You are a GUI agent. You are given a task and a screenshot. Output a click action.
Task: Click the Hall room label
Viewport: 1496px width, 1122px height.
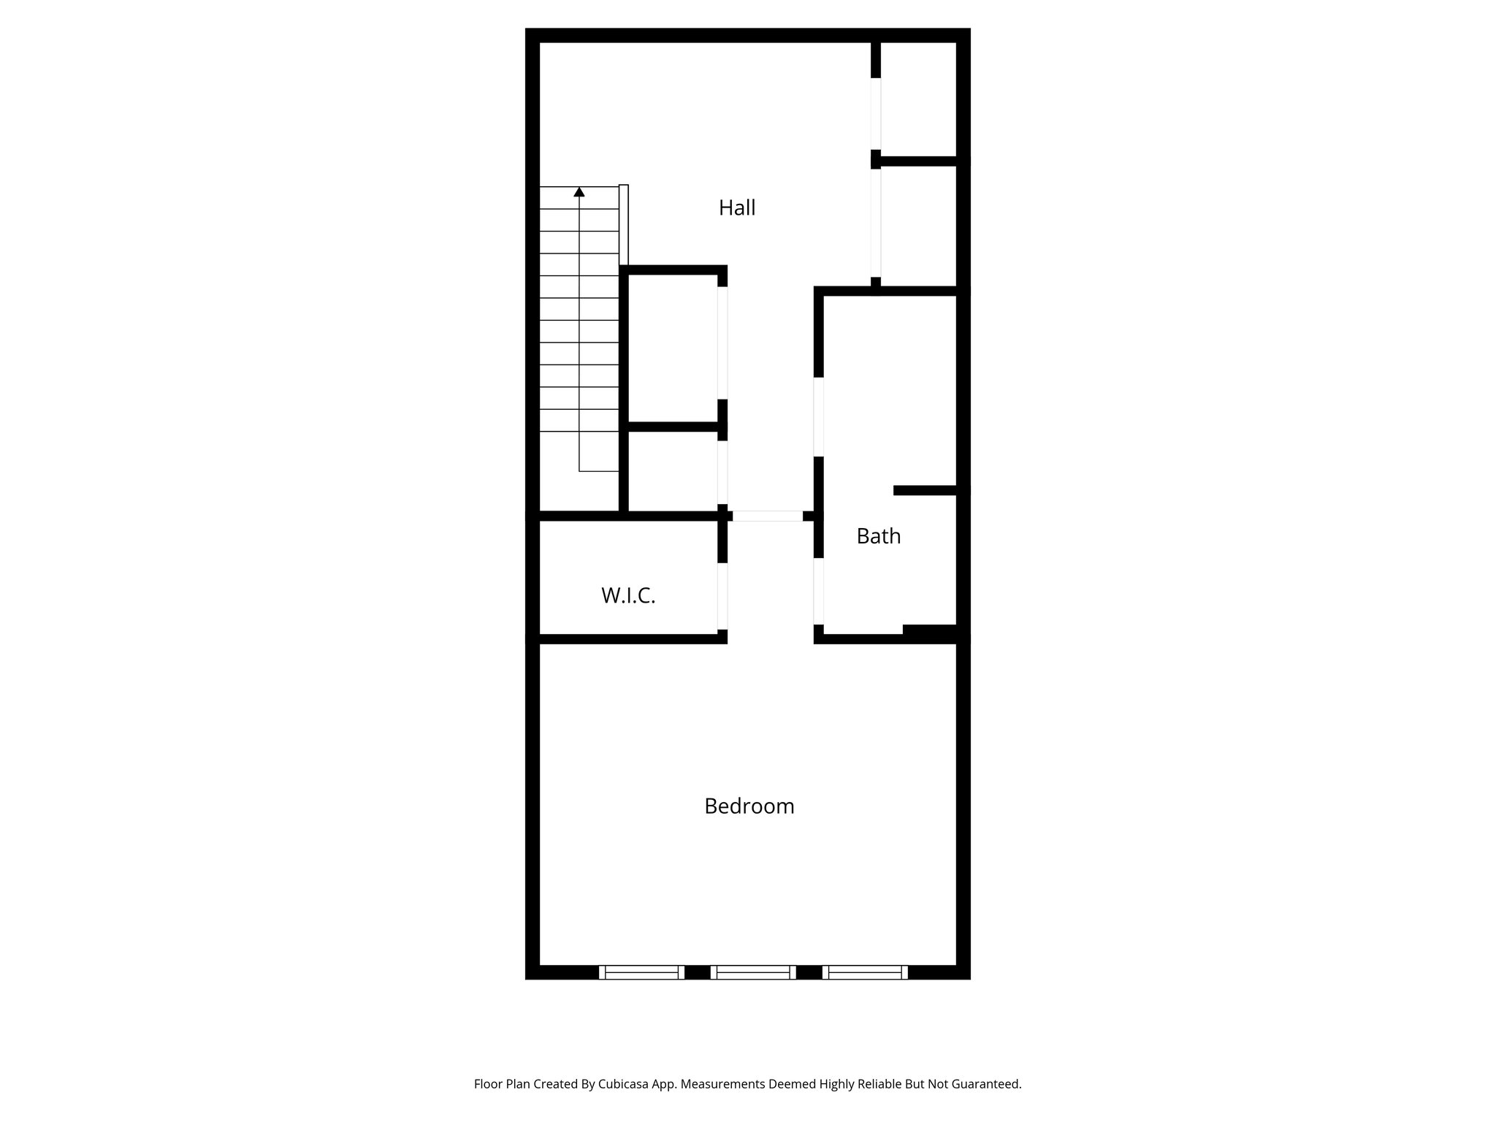[737, 208]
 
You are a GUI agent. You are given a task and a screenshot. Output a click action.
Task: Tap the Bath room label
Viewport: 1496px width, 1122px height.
[878, 537]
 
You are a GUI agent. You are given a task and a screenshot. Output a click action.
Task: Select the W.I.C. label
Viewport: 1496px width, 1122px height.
[628, 596]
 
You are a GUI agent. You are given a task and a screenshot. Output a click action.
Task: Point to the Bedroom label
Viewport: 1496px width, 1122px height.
[749, 806]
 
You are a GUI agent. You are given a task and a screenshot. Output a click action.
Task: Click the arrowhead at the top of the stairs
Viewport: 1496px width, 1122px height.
[579, 192]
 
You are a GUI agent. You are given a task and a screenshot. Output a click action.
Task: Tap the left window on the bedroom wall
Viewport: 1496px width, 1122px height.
[641, 972]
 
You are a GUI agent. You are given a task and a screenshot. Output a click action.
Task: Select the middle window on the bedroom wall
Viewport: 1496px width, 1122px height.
[753, 972]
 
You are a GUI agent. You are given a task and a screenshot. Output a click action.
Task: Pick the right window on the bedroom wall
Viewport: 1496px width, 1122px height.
[865, 972]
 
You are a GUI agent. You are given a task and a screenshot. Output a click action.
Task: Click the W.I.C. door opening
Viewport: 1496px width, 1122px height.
[722, 596]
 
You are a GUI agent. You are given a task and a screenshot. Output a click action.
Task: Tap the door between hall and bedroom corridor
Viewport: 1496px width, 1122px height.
[767, 516]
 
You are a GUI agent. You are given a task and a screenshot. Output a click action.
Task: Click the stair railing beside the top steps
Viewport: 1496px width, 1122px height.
[624, 225]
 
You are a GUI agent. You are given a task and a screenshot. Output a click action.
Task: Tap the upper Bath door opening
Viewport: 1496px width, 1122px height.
[819, 417]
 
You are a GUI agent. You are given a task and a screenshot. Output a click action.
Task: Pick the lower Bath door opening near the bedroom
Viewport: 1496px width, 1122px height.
[819, 592]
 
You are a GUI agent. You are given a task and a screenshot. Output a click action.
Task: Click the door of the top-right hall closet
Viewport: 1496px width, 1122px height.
[876, 113]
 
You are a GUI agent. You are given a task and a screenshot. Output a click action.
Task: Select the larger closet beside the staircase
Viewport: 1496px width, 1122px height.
[673, 347]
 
